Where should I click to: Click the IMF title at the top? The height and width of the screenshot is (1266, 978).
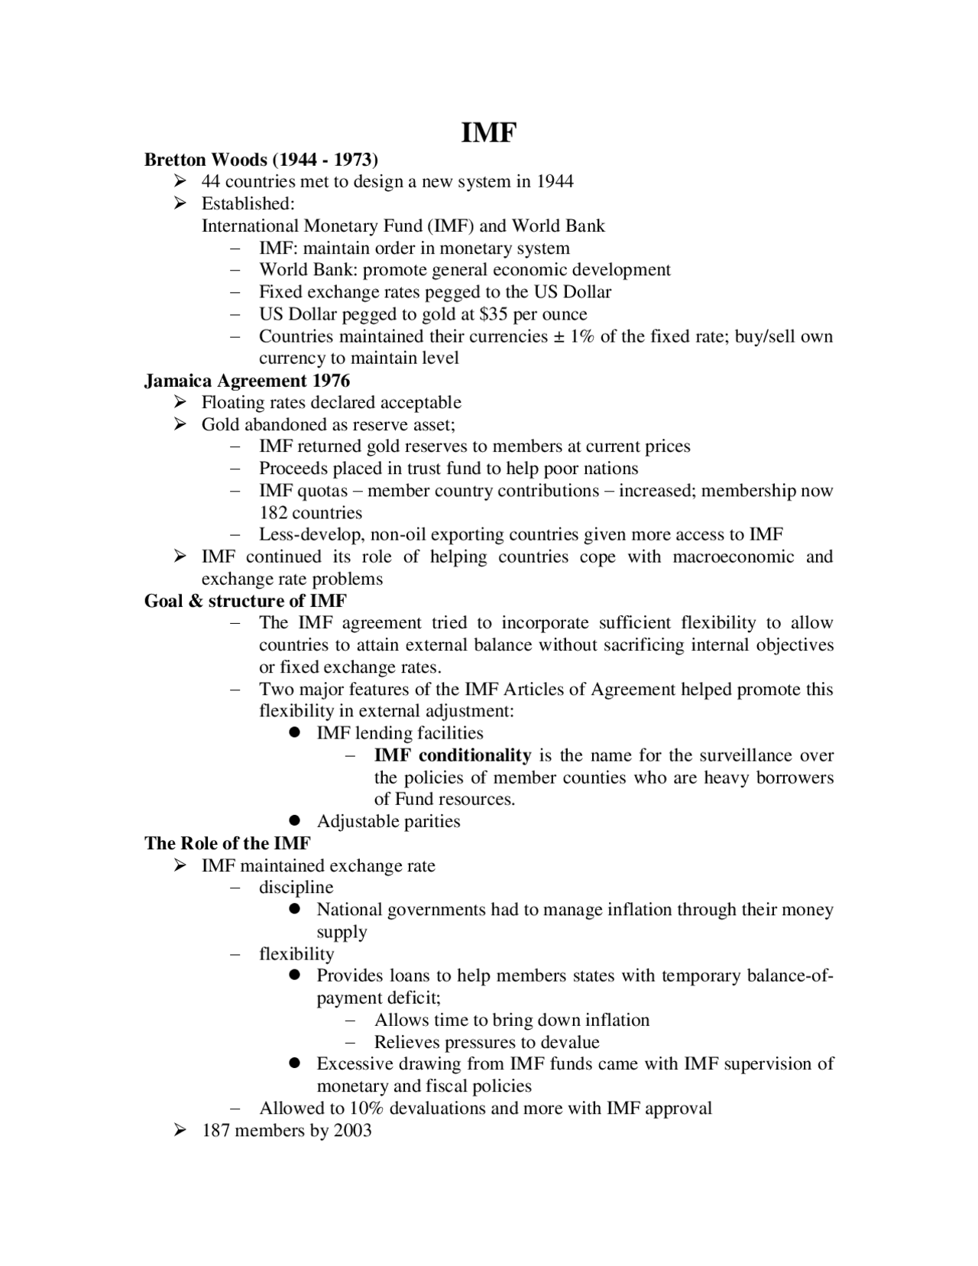click(x=489, y=133)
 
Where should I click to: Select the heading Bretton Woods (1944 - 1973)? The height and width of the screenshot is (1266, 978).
click(x=261, y=160)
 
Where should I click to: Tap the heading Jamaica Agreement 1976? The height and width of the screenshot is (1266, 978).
click(x=247, y=381)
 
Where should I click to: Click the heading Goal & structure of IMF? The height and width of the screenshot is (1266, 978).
click(x=245, y=601)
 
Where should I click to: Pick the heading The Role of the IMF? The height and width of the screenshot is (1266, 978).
click(x=228, y=843)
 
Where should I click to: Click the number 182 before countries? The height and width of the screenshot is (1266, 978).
click(x=274, y=513)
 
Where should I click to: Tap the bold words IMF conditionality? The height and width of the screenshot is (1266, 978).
click(x=452, y=755)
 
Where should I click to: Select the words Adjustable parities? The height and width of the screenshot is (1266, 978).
click(x=388, y=822)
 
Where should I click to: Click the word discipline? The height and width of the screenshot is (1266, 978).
click(x=296, y=888)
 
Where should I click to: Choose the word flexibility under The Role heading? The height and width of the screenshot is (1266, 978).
click(x=296, y=954)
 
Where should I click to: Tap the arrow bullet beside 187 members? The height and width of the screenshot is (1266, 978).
click(x=180, y=1131)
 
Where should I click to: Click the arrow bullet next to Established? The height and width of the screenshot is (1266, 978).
click(x=180, y=204)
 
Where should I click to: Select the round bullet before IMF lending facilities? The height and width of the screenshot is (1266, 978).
click(x=295, y=733)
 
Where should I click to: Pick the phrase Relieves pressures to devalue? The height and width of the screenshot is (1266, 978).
click(x=487, y=1042)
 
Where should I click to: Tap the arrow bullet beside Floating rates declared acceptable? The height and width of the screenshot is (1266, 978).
click(x=180, y=403)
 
